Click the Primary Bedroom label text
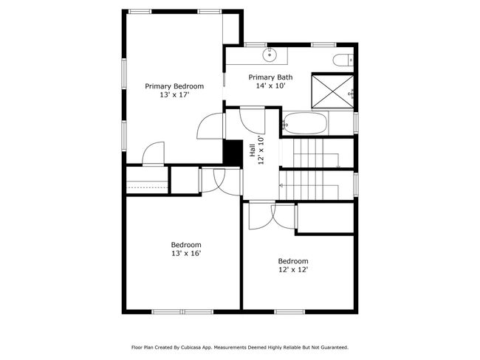[x=174, y=86]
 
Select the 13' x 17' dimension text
[x=174, y=95]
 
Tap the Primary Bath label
[x=270, y=77]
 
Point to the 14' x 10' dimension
[x=270, y=86]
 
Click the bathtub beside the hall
[x=304, y=124]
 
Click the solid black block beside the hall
[x=233, y=153]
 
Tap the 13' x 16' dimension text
[x=185, y=254]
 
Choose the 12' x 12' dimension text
[x=292, y=270]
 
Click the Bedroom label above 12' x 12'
[x=292, y=261]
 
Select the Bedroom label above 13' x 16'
[x=185, y=245]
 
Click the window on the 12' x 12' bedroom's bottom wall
[x=290, y=311]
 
